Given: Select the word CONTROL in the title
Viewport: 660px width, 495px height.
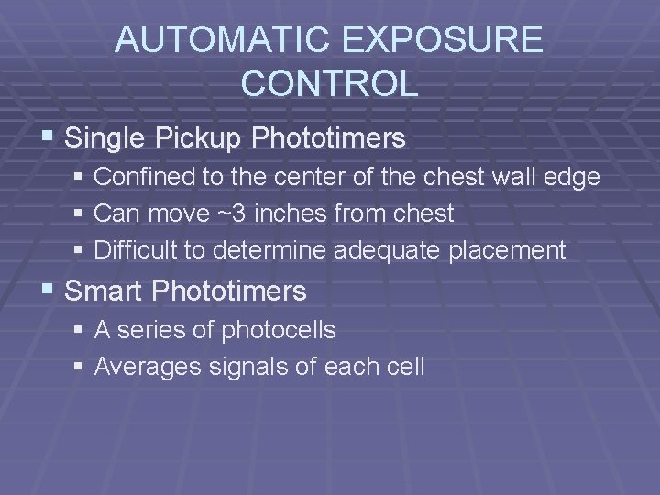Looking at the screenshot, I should (x=330, y=83).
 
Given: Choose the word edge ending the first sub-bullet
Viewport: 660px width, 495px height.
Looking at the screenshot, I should (x=573, y=176).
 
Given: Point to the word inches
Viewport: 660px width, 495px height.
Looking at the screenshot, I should (x=299, y=214).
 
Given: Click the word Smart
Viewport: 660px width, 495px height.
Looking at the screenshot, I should (x=105, y=292).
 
